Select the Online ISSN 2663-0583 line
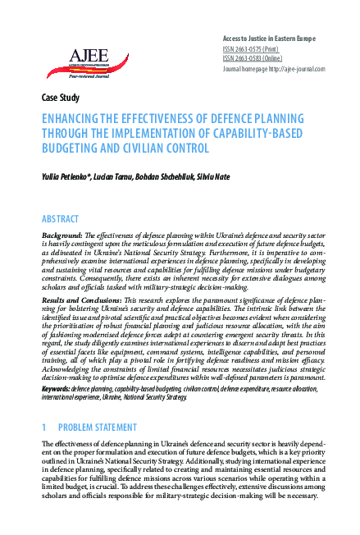tap(253, 58)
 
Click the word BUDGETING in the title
tap(76, 149)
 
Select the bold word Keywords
tap(56, 388)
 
